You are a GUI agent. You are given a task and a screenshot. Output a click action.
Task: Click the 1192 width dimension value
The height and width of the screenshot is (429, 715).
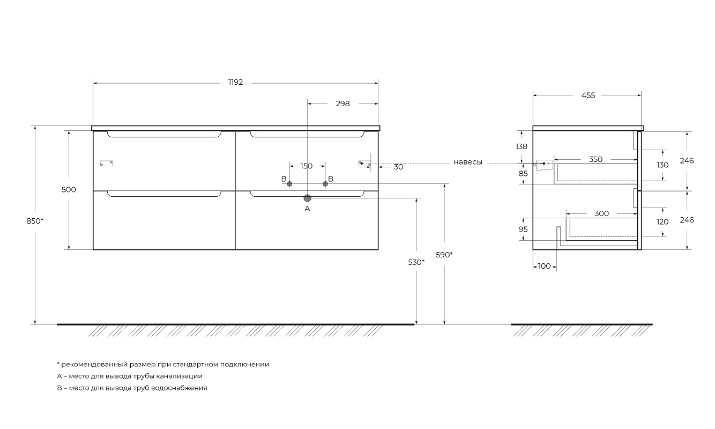tap(235, 83)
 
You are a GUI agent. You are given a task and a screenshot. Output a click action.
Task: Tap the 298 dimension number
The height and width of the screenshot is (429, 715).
tap(342, 103)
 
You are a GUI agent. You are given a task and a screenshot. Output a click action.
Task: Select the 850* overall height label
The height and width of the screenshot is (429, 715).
tap(34, 221)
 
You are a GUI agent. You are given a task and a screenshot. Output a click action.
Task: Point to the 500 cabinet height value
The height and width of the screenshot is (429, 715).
tap(69, 190)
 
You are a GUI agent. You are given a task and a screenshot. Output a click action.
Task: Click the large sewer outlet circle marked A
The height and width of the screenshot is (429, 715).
tap(307, 198)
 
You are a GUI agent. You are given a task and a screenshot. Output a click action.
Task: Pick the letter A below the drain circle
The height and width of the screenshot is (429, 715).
tap(307, 209)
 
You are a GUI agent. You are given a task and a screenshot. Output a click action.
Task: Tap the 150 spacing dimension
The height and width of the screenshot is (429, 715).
tap(306, 166)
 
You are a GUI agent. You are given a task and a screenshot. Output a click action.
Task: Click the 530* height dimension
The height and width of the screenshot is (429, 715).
tap(416, 262)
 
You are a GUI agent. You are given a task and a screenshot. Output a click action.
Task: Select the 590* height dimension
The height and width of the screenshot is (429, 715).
tap(444, 255)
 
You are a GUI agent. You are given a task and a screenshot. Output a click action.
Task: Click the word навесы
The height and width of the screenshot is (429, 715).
tap(468, 162)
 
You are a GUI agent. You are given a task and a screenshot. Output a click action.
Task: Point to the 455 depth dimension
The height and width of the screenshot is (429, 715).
tap(588, 95)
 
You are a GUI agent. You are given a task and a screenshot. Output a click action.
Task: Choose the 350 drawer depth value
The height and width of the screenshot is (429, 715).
tap(595, 159)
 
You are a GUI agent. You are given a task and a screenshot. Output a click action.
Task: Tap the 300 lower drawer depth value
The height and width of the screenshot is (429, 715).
tap(601, 213)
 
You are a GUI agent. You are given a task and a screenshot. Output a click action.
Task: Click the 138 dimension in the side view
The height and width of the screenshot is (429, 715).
tap(522, 146)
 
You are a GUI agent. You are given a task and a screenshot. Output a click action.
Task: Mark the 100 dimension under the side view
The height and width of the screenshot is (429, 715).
tap(544, 266)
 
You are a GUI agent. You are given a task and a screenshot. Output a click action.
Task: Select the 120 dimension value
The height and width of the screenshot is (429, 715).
tap(662, 221)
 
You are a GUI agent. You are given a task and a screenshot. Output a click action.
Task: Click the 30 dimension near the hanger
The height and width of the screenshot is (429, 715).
tap(398, 167)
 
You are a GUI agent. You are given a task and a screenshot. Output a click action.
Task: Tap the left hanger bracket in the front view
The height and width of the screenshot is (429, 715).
tap(107, 164)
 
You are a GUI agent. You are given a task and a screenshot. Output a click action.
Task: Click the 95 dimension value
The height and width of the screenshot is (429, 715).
tap(523, 229)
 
